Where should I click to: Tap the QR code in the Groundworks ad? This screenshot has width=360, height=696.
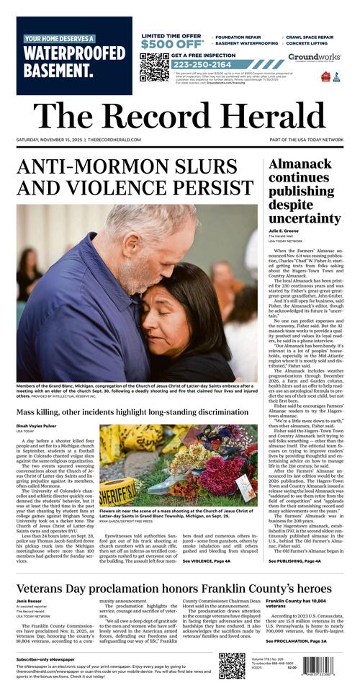coord(153,67)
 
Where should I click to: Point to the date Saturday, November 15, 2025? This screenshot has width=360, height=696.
coord(49,140)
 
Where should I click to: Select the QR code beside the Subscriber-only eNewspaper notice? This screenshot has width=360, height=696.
coord(232,666)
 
